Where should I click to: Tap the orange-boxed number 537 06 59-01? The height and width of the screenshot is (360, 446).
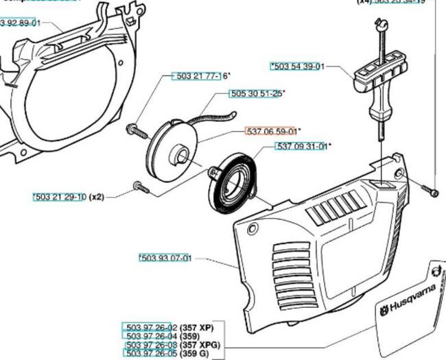[x=270, y=130]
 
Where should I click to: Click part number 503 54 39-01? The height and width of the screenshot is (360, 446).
[x=298, y=67]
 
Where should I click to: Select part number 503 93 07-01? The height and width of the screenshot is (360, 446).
[x=165, y=258]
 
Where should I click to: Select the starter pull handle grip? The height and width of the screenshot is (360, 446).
[x=378, y=88]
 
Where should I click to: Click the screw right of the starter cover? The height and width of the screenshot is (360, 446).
[x=428, y=189]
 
